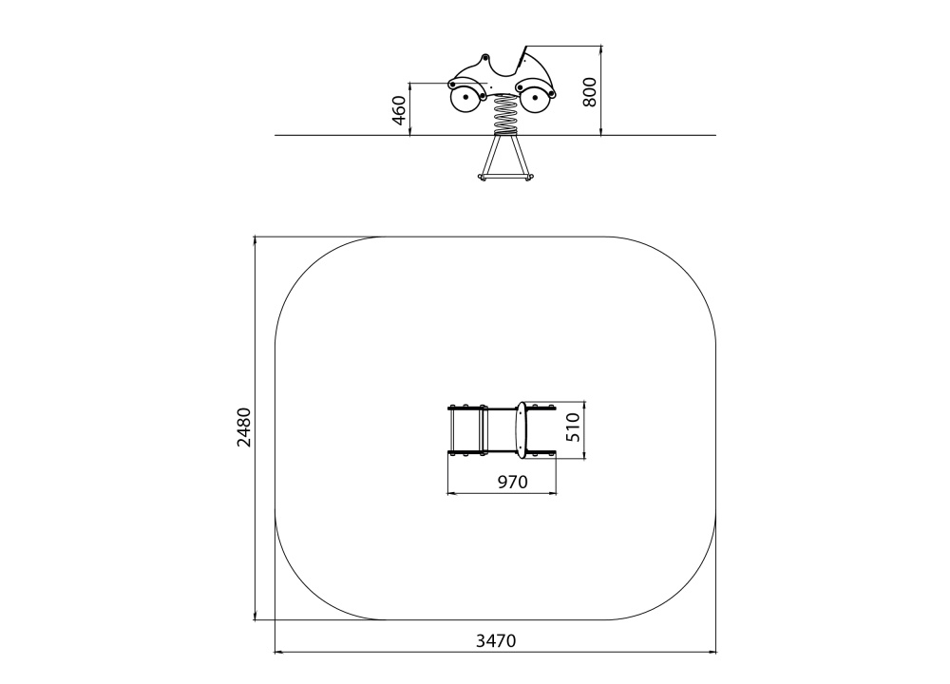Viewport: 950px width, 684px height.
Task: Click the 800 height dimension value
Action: (590, 92)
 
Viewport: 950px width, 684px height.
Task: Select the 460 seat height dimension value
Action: (399, 110)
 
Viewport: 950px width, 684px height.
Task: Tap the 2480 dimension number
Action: (244, 427)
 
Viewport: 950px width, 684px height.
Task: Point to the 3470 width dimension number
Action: (496, 640)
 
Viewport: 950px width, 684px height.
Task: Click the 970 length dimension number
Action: (513, 482)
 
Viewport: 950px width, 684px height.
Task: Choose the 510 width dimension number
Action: (573, 427)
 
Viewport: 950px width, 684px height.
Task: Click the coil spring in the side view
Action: (506, 115)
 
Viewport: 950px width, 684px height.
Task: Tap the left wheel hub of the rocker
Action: (465, 97)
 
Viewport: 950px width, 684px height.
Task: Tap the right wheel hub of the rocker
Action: (536, 97)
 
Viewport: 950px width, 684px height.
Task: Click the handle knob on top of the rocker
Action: (484, 59)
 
